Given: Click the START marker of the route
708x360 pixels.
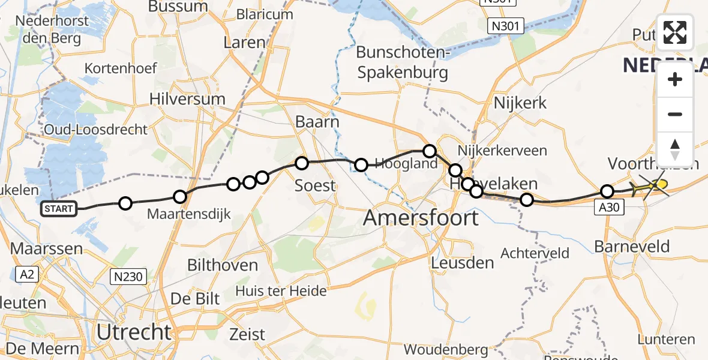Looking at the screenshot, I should [x=58, y=209].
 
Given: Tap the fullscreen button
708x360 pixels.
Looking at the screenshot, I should [x=675, y=32].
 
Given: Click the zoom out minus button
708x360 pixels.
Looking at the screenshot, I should [x=675, y=114].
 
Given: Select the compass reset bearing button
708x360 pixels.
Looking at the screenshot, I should [x=675, y=149].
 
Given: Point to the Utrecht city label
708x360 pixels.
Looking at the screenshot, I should [x=134, y=331].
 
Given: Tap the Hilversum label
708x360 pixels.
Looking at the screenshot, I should [x=187, y=99].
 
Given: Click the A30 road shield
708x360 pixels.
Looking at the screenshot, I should [x=611, y=208].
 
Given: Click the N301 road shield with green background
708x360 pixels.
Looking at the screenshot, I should [x=505, y=26].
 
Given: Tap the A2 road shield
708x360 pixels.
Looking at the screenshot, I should [x=26, y=275].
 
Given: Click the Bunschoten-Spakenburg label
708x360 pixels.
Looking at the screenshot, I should [x=402, y=63].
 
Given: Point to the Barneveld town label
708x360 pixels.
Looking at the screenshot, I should [x=631, y=246].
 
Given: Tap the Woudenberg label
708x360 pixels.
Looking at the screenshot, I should [x=445, y=349].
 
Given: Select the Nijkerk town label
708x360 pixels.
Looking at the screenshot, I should [x=520, y=103].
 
